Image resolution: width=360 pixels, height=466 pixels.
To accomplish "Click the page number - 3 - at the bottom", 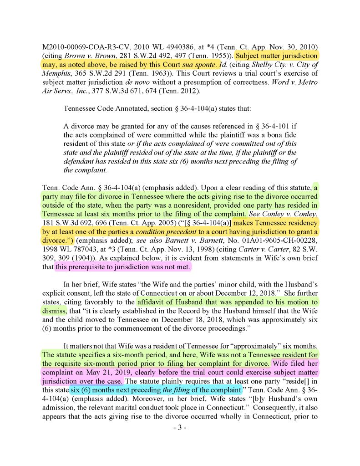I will click(x=180, y=428).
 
